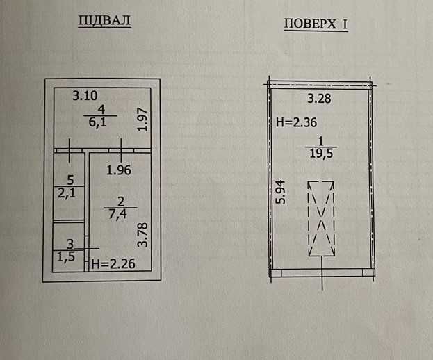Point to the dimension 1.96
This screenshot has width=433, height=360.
point(119,169)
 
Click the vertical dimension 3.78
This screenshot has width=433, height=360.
point(142,234)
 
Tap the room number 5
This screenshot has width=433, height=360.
point(70,180)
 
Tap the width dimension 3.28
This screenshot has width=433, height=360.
point(320,98)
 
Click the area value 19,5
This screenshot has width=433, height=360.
point(320,154)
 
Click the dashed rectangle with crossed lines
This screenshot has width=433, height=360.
point(322,218)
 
